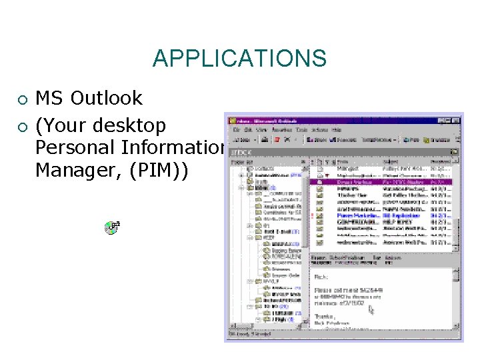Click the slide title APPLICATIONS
click(239, 58)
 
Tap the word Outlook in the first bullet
click(107, 99)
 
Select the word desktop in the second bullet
click(129, 125)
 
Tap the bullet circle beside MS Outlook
click(22, 100)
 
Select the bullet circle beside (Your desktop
click(22, 127)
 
